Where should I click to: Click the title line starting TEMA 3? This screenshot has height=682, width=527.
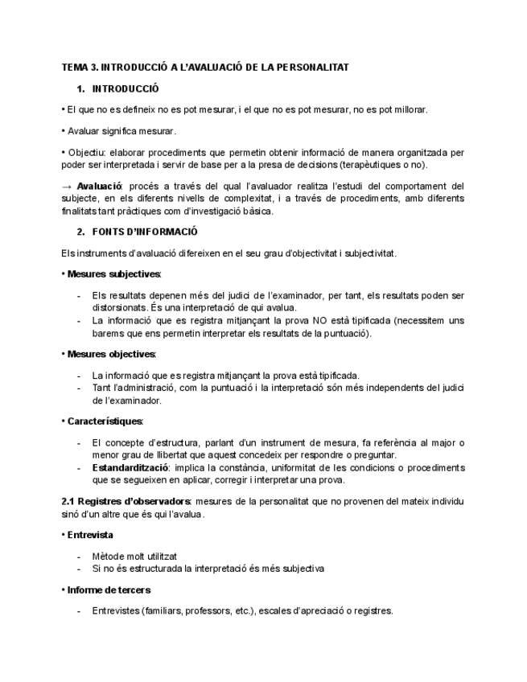click(x=205, y=68)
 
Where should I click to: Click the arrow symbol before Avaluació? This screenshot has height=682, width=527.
click(x=67, y=187)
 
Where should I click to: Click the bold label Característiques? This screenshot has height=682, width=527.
click(x=105, y=421)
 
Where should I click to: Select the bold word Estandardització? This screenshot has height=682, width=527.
click(x=130, y=467)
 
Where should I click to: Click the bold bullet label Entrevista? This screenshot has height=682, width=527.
click(x=90, y=535)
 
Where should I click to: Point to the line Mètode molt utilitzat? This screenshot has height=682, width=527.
click(x=134, y=556)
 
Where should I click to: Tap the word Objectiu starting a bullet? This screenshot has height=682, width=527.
click(x=87, y=151)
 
